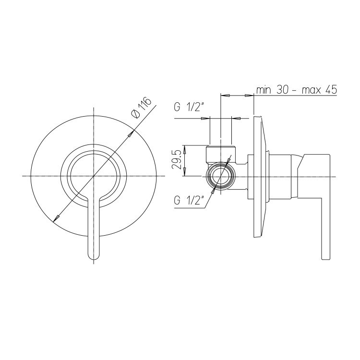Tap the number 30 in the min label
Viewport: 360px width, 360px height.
pyautogui.click(x=283, y=90)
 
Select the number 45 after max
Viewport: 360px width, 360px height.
pyautogui.click(x=331, y=90)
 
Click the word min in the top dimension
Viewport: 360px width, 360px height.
pyautogui.click(x=264, y=90)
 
